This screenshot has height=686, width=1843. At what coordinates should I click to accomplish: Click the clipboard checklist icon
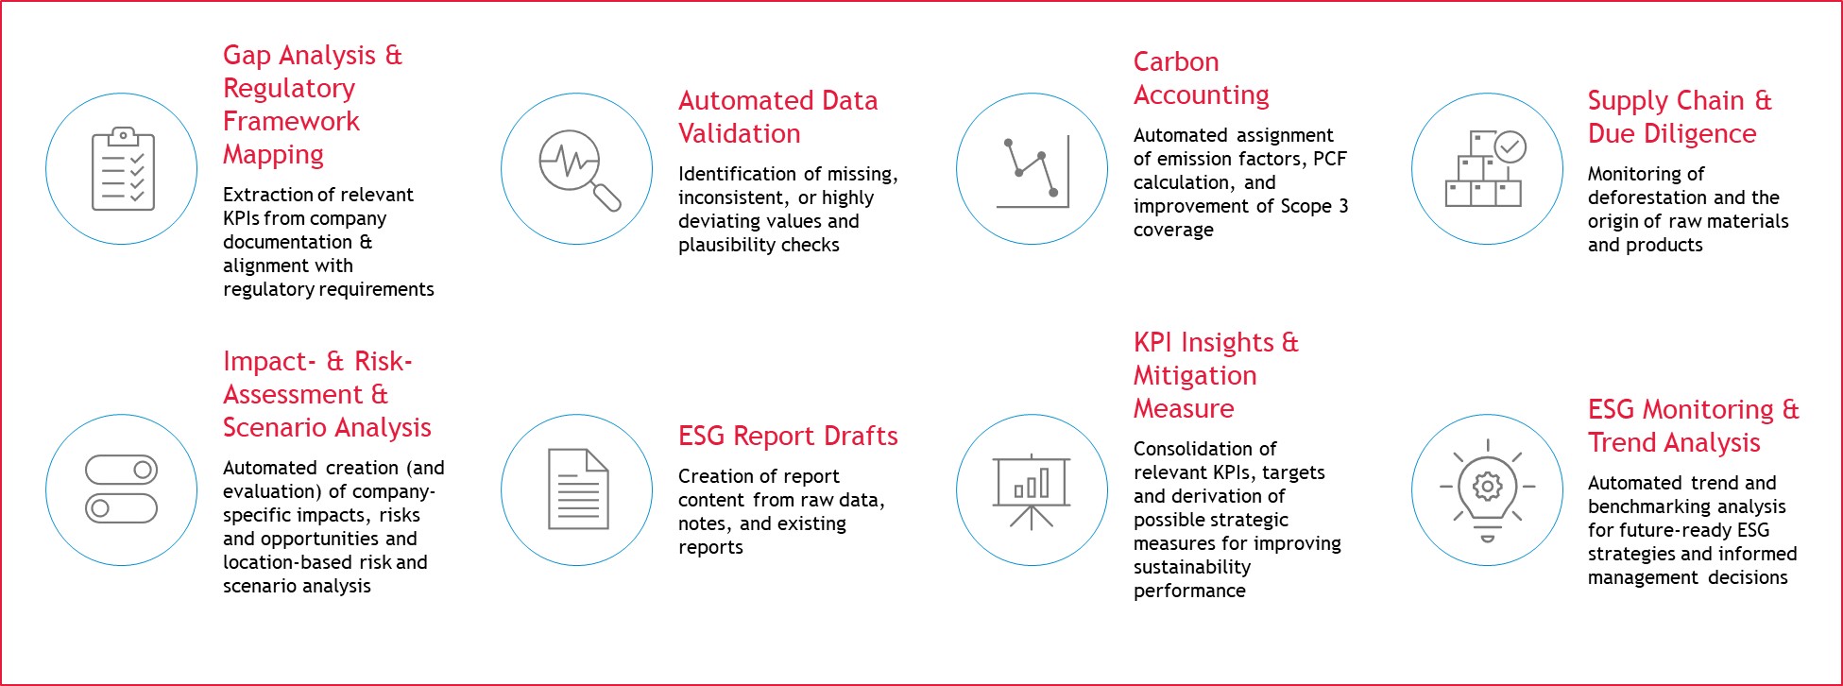point(123,168)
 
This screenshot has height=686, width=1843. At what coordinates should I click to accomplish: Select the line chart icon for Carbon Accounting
point(1032,171)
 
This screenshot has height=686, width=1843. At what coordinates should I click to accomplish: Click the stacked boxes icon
point(1486,168)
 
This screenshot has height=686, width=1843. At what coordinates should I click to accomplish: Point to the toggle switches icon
point(121,489)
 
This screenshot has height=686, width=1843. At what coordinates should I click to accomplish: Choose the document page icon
point(578,489)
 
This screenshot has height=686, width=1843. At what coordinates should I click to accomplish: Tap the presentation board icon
point(1032,490)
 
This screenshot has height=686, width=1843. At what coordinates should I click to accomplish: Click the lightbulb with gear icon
point(1487,490)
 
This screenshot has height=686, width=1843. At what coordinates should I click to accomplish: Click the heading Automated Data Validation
point(778,117)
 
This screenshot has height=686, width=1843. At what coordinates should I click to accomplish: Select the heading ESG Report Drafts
point(788,436)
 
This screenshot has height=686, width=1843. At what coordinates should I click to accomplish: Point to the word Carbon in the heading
point(1176,62)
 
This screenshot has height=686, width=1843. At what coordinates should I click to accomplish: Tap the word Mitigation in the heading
point(1195,376)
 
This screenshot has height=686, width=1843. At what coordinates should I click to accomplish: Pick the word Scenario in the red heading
point(270,428)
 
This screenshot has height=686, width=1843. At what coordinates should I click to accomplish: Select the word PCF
point(1330,159)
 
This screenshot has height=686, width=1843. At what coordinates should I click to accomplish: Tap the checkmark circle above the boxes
point(1510,146)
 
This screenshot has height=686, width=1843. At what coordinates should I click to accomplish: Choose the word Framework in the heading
point(291,121)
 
